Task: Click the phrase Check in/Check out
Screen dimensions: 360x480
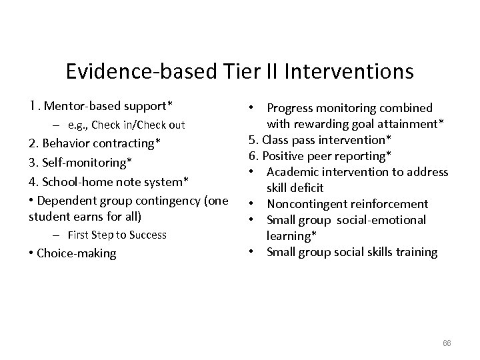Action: (138, 125)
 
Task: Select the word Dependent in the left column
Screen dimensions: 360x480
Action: (64, 201)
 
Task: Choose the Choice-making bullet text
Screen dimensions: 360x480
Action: (76, 253)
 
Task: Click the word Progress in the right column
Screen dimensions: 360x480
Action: (291, 108)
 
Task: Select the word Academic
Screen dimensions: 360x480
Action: (293, 172)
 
